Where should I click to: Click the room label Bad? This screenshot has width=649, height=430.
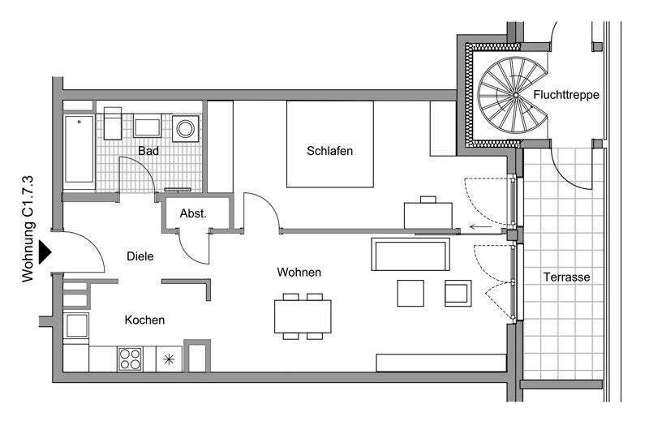pyautogui.click(x=148, y=151)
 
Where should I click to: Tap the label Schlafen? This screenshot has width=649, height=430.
pyautogui.click(x=329, y=151)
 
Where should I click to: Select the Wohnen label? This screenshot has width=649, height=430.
pyautogui.click(x=299, y=273)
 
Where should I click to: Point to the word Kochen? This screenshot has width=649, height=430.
pyautogui.click(x=144, y=320)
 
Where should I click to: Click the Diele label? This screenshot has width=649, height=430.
pyautogui.click(x=140, y=256)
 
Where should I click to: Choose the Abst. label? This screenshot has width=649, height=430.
pyautogui.click(x=194, y=214)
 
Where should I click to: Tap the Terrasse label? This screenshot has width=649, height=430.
pyautogui.click(x=566, y=277)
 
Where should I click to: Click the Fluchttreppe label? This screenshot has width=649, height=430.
pyautogui.click(x=566, y=95)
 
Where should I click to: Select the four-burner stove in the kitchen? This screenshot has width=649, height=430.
pyautogui.click(x=130, y=358)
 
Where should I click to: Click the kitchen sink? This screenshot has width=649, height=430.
pyautogui.click(x=77, y=326)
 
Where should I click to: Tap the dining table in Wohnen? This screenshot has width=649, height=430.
pyautogui.click(x=303, y=316)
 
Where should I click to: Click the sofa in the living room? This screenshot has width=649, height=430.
pyautogui.click(x=411, y=255)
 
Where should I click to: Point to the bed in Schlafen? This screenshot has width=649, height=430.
pyautogui.click(x=329, y=144)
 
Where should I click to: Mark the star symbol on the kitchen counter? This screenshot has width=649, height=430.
pyautogui.click(x=169, y=358)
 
